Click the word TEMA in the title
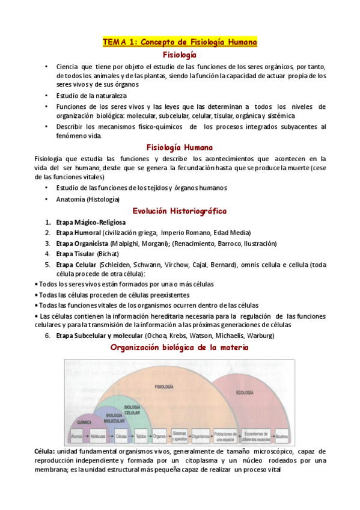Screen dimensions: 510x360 115,42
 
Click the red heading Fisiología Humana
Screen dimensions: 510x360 180,147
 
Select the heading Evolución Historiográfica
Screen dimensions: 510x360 180,211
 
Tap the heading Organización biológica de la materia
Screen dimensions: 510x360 180,348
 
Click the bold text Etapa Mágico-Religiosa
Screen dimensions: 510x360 87,223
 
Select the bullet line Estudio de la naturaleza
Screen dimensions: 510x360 91,96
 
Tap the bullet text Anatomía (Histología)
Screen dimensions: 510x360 88,199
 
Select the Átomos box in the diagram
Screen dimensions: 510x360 76,435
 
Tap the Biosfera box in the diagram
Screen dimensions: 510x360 281,435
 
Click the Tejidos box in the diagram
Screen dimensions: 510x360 141,435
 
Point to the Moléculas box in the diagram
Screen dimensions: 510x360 98,435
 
